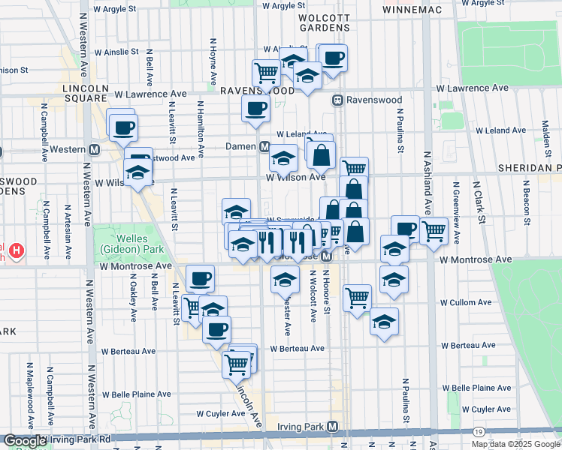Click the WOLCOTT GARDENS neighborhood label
pos(325,22)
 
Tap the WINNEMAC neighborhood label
pos(410,10)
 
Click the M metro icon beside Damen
pos(264,146)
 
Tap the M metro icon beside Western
pos(94,148)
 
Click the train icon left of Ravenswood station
pos(339,99)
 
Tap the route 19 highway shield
pos(479,431)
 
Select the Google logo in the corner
pos(24,441)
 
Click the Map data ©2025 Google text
pos(515,444)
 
